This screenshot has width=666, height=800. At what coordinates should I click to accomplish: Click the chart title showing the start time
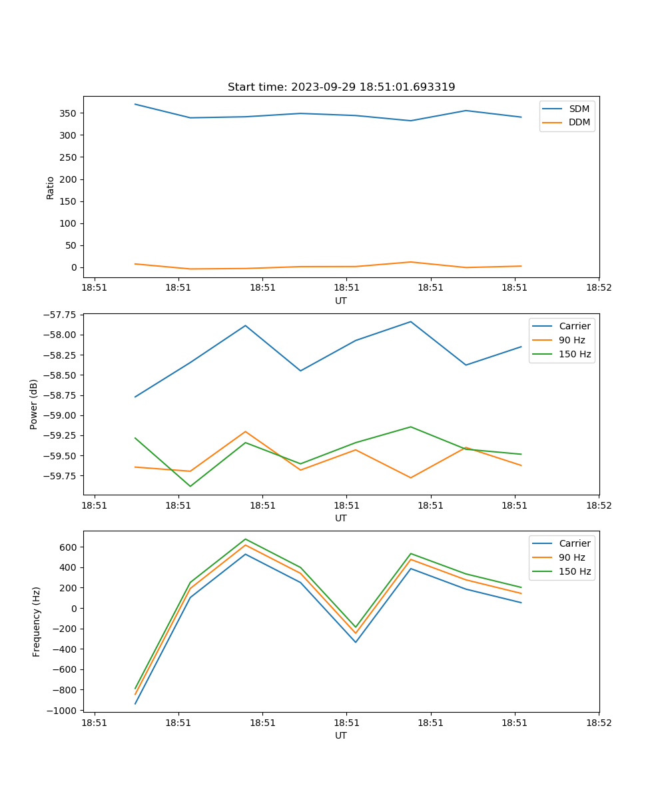[341, 87]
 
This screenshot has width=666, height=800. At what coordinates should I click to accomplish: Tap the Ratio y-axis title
[51, 187]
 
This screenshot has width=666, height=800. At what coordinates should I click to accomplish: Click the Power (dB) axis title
[34, 405]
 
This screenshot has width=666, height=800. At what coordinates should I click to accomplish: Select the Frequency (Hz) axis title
[37, 621]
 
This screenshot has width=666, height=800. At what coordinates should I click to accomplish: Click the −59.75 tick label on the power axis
[57, 476]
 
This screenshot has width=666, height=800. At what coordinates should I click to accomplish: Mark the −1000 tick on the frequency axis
[62, 711]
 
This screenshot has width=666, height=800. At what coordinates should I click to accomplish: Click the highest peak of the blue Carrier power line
[411, 321]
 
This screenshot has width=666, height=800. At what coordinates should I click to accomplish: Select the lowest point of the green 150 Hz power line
[190, 486]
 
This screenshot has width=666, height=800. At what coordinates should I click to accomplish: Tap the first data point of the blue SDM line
[135, 104]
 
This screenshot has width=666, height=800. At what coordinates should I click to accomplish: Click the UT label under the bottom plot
[341, 735]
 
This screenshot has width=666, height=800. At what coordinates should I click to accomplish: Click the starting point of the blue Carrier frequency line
[135, 703]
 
